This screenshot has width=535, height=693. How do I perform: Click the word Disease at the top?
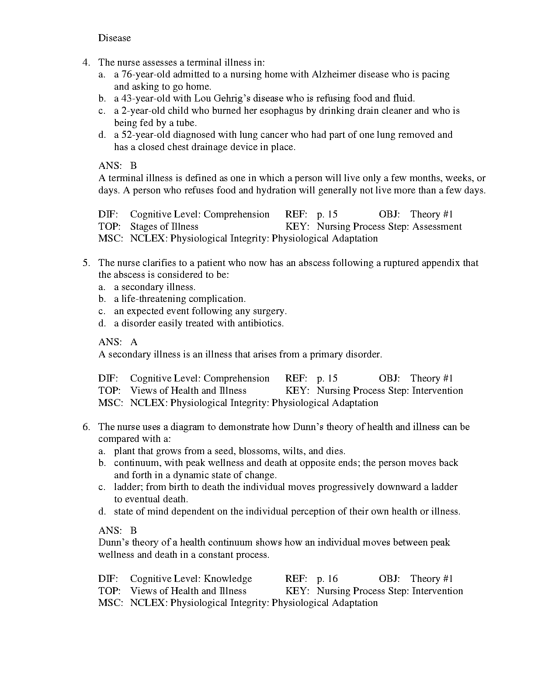point(114,38)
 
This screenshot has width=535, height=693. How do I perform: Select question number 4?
point(86,63)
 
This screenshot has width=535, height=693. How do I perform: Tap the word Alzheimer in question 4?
point(334,74)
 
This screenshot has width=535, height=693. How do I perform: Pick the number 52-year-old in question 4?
point(143,135)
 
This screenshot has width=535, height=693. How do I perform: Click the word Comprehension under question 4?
point(236,214)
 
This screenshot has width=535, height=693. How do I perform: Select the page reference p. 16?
point(327,579)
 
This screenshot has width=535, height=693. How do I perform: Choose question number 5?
point(86,263)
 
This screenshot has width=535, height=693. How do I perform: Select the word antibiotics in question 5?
point(260,323)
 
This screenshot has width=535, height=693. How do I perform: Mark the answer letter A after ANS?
point(134,342)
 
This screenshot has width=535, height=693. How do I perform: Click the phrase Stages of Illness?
point(164,227)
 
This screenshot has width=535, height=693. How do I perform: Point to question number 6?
point(86,427)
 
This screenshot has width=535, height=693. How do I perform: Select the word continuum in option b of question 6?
point(137,463)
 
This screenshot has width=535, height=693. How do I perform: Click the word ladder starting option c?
point(127,487)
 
